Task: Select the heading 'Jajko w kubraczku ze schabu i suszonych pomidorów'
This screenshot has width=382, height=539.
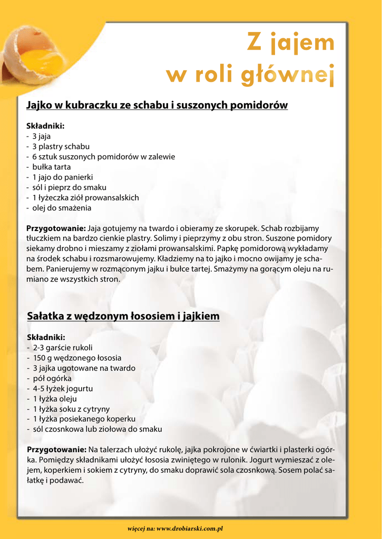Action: (157, 105)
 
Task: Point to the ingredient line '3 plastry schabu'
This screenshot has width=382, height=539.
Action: (61, 146)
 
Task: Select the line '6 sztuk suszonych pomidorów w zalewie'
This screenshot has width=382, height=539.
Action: (103, 156)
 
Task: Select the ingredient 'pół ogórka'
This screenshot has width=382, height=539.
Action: (52, 378)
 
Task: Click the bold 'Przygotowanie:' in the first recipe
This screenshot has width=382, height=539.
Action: (56, 228)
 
